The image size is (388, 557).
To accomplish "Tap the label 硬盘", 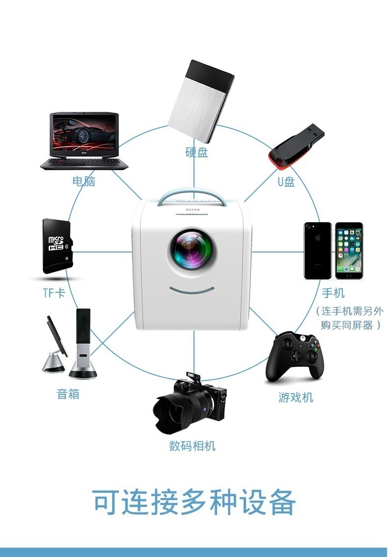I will [x=196, y=152].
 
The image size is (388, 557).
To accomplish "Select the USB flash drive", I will [x=295, y=143].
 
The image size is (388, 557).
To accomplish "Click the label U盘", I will [x=286, y=182].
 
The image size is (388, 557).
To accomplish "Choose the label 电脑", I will [x=83, y=181].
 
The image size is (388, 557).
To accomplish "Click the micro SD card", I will [x=57, y=246].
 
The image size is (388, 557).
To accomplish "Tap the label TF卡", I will [x=54, y=293].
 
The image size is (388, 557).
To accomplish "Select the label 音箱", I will [x=68, y=393].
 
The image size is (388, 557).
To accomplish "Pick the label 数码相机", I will [x=192, y=446].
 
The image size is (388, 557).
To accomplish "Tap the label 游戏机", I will [x=296, y=397].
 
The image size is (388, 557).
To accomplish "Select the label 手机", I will [x=333, y=293].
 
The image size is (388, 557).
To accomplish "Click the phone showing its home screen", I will [x=349, y=251].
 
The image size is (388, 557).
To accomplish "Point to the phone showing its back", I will [x=318, y=251].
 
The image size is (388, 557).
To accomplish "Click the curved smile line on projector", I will [x=193, y=289].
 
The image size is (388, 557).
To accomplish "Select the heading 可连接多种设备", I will [x=194, y=502].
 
